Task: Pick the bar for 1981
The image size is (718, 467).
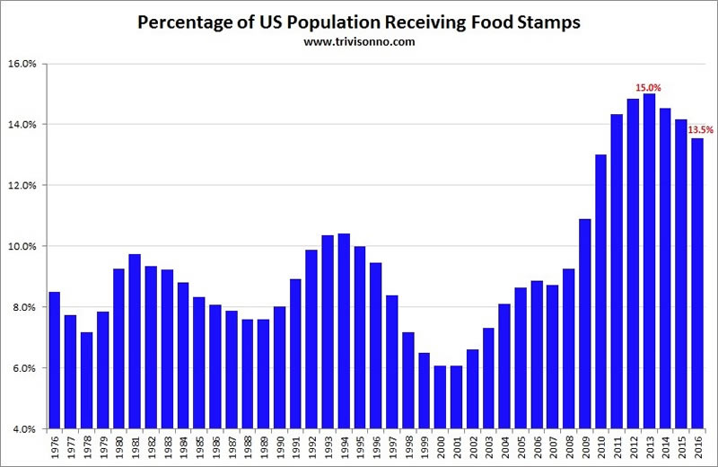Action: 135,341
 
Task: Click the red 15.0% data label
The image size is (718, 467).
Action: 649,87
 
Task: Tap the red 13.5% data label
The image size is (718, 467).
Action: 700,130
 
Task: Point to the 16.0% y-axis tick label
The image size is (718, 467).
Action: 22,64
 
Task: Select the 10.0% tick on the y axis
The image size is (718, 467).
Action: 22,246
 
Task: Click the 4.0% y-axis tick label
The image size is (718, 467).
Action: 22,428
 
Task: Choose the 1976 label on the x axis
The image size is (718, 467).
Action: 54,446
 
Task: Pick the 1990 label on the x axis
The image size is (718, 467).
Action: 279,446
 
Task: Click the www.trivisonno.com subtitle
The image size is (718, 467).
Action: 358,41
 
